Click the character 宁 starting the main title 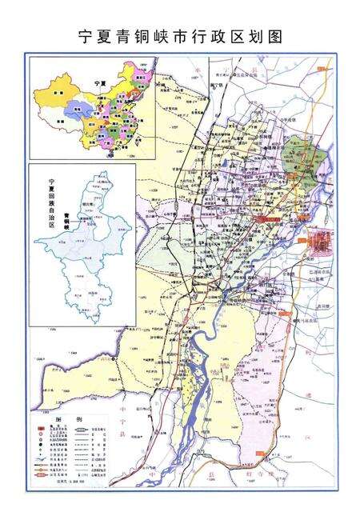click(83, 36)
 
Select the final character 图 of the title click(276, 36)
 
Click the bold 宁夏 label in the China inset click(99, 83)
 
